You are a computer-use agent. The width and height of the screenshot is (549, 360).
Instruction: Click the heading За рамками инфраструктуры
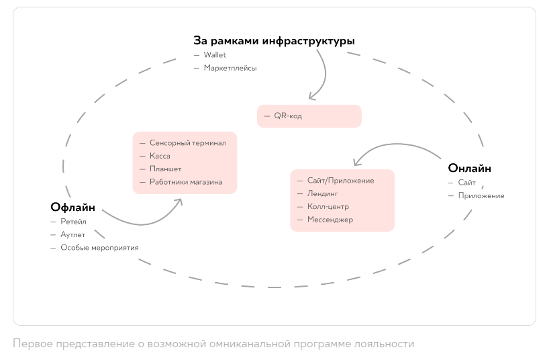point(274,41)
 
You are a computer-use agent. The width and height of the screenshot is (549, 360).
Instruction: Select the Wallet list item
point(215,55)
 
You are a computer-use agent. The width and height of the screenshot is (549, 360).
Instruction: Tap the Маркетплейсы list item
point(230,68)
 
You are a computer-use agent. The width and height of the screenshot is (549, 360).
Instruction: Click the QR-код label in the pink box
point(288,116)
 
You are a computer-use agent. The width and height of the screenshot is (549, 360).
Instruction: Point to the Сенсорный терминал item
point(188,143)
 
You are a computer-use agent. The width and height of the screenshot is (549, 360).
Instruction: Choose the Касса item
point(160,156)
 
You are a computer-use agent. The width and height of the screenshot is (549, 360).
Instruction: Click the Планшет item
point(165,169)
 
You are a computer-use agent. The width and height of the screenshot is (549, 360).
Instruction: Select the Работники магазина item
point(186,182)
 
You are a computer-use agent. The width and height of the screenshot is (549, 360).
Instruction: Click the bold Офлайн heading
point(72,207)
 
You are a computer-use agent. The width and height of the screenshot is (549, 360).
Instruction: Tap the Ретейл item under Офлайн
point(74,222)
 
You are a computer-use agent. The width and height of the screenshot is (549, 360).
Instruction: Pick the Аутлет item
point(74,234)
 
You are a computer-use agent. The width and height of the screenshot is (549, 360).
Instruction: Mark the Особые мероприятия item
point(100,248)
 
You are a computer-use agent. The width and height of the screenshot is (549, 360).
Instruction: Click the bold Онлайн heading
point(470,168)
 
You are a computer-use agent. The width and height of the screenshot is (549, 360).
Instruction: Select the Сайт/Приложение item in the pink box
point(340,181)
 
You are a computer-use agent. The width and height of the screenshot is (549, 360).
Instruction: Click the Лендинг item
point(322,193)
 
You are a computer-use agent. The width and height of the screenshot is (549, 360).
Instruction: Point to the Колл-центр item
point(328,207)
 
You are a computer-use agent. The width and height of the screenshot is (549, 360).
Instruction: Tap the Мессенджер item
point(330,220)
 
